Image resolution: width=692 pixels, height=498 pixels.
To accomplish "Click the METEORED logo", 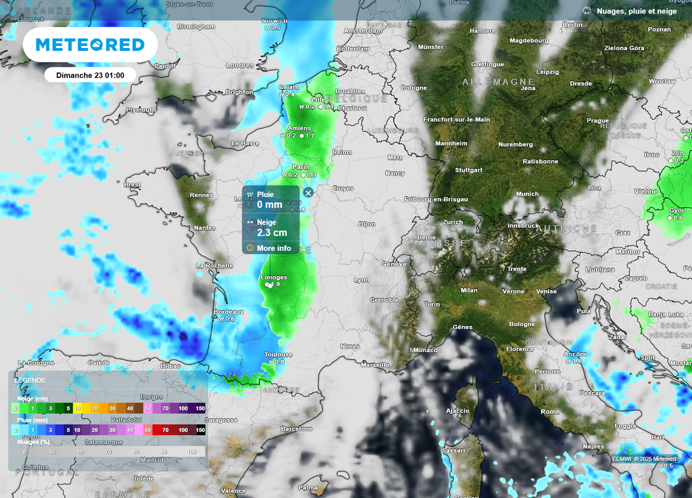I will coord(90,45).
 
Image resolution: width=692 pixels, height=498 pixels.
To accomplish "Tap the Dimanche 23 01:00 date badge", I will coord(91,75).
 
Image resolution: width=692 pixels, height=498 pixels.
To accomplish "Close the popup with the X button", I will coord(308,193).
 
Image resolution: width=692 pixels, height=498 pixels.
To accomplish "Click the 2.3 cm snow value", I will coord(272,233).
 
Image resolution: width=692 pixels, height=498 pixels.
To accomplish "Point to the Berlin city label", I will coord(572,25).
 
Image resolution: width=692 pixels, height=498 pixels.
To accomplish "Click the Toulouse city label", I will coord(278,355).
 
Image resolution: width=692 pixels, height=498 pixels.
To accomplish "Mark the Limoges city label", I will coord(274,277).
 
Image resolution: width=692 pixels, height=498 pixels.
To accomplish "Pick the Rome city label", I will coord(550,411).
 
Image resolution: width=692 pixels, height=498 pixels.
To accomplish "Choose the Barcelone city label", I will coord(297,429).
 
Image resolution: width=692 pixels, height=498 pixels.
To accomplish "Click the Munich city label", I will coord(527,194).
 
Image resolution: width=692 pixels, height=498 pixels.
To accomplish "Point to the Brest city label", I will coord(132,184).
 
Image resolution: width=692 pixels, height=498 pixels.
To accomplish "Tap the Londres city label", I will coord(239,66).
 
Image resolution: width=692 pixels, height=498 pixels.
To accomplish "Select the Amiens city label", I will coord(299,129).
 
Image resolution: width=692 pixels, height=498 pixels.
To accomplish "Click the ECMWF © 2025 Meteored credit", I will coord(644,459).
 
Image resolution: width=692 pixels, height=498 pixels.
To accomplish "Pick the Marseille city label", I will coord(375,365).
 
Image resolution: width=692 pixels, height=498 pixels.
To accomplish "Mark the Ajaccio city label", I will coord(458,411).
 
